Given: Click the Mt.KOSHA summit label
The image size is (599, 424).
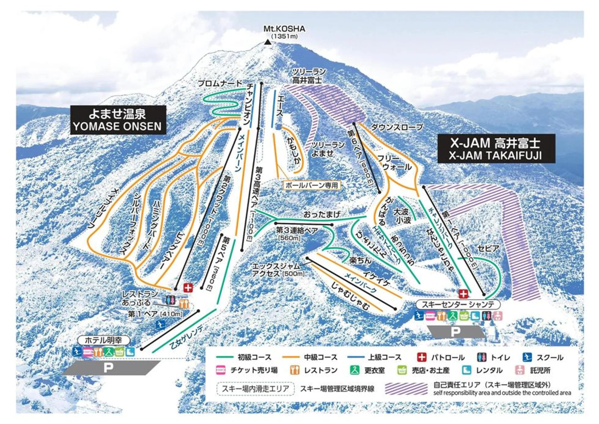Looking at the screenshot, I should tap(284, 29).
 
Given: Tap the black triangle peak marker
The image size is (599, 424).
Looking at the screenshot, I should tap(268, 42).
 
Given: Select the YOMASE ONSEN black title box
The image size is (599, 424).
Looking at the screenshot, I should tap(118, 120).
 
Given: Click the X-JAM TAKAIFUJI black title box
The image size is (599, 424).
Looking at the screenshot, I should tap(496, 149).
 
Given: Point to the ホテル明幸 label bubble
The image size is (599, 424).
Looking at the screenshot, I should tap(103, 340).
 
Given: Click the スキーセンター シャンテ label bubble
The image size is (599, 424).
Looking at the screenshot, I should tap(458, 305).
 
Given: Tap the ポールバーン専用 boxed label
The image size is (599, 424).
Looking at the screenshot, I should tap(311, 185).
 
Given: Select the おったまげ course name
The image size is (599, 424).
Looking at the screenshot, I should tap(322, 214).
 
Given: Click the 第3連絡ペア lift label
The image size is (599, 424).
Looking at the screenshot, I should tap(297, 230).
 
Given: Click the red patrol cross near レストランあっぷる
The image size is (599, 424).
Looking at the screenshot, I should tap(188, 288).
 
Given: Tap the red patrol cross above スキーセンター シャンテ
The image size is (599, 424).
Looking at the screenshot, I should tap(463, 293).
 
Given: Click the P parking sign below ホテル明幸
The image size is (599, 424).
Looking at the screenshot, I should tap(108, 368).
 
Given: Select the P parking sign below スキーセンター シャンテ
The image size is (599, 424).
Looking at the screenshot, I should tap(455, 332).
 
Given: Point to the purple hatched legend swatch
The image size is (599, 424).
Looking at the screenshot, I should tap(406, 389).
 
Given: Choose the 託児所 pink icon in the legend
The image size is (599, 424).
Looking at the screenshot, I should tap(520, 370).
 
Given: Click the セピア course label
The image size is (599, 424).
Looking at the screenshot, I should tap(488, 248).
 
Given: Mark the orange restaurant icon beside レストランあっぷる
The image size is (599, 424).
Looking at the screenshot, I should tap(184, 303).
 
